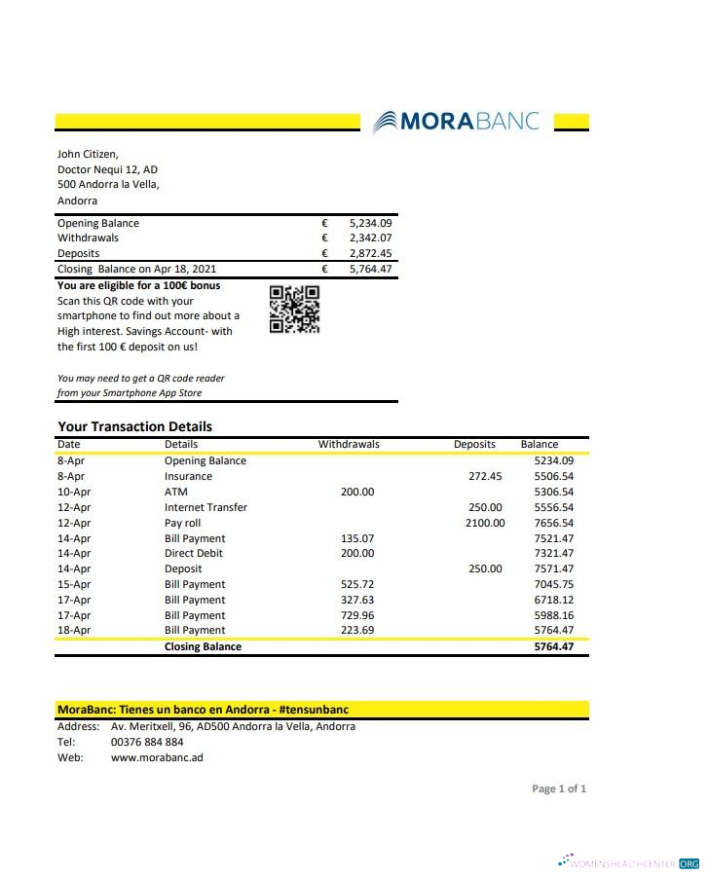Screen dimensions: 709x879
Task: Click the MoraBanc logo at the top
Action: (456, 122)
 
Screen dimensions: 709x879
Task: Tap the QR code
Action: (294, 309)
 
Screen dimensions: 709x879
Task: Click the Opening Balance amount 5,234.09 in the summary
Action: (370, 223)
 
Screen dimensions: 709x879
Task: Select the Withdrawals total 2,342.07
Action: (370, 238)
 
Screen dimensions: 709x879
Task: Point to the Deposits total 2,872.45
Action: (370, 253)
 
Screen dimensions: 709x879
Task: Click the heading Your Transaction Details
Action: (134, 426)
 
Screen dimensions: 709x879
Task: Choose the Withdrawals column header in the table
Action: (349, 444)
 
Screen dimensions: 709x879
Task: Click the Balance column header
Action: (540, 444)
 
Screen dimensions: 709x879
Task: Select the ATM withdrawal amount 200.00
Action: (357, 492)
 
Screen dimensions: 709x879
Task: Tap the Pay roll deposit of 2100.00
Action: (485, 523)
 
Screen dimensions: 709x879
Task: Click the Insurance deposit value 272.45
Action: (485, 476)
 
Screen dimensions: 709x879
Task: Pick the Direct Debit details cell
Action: (194, 553)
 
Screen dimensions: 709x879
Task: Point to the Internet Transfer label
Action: (205, 507)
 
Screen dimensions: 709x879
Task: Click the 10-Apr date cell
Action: (74, 492)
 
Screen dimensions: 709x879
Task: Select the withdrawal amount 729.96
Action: (357, 615)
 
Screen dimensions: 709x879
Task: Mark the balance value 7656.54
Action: (554, 523)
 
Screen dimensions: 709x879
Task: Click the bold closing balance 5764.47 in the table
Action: (554, 646)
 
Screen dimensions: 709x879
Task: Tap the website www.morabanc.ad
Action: (157, 757)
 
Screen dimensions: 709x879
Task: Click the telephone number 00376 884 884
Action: (147, 742)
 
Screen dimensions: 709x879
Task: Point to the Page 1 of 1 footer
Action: (559, 788)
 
